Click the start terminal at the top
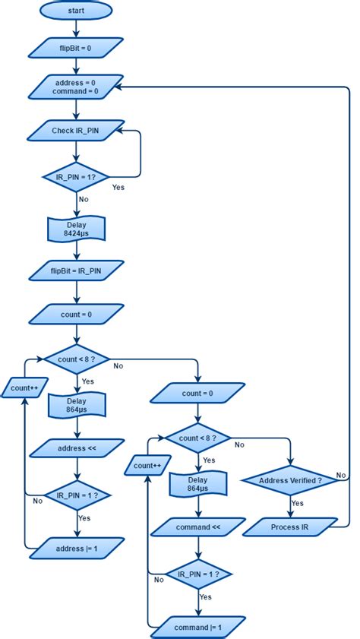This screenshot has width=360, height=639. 76,11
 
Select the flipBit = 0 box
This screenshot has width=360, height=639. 76,48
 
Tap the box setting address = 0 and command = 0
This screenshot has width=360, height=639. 76,87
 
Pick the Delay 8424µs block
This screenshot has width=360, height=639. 76,229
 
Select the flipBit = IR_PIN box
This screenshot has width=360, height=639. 76,269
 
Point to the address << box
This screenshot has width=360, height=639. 76,448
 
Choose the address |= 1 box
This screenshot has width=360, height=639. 76,547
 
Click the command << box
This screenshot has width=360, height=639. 197,526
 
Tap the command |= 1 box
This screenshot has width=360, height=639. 197,627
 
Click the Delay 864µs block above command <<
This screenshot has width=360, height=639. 197,483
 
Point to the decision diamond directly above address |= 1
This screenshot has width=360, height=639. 76,495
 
